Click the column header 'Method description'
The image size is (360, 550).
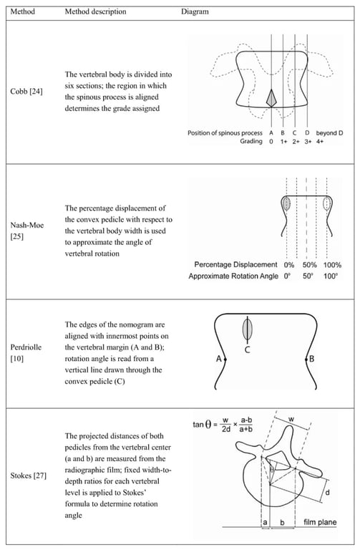95,11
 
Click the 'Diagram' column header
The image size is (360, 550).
195,11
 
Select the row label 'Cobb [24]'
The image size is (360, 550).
26,92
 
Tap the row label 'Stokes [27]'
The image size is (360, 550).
29,476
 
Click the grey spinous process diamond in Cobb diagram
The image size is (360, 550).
272,98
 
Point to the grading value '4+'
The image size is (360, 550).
320,141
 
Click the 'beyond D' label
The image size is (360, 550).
329,133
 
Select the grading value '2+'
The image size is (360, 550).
296,141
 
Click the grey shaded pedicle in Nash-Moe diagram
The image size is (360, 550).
287,203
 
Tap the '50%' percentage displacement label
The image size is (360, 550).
309,265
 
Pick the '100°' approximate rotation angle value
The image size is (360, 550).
331,276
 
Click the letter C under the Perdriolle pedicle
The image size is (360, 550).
247,349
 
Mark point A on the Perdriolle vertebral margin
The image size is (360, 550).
225,360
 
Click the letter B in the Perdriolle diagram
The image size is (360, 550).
311,359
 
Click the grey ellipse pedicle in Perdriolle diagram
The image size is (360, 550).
248,329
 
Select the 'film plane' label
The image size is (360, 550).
320,522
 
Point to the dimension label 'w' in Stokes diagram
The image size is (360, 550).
291,419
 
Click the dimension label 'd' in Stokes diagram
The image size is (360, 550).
327,493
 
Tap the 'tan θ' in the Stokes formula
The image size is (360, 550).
203,425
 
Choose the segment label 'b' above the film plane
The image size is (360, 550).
282,523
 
